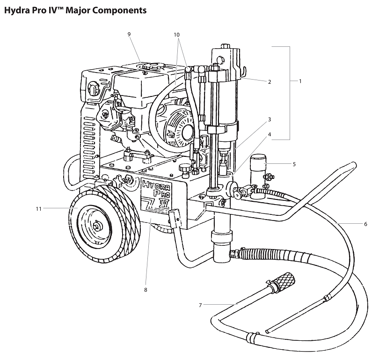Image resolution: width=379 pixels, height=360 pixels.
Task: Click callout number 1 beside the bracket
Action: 300,81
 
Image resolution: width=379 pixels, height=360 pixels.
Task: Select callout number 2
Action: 270,82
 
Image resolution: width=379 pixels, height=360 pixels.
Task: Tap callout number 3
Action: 270,120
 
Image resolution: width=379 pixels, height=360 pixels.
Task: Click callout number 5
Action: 294,164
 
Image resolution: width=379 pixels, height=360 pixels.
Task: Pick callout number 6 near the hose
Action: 365,224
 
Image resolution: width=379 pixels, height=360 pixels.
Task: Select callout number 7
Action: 200,305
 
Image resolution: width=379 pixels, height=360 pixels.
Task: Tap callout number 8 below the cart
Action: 146,290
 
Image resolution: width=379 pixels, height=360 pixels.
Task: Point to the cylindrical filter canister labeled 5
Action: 257,176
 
